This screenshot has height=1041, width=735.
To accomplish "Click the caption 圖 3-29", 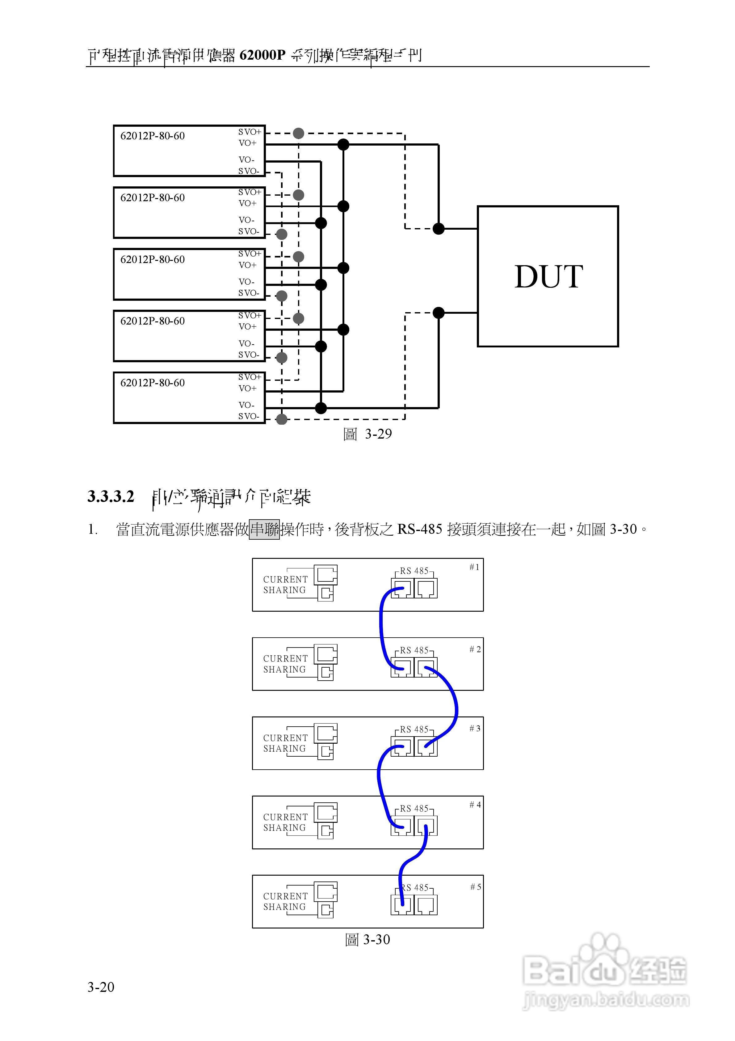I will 367,434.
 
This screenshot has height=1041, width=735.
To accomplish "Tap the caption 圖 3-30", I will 367,939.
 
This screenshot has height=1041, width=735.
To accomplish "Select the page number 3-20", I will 101,987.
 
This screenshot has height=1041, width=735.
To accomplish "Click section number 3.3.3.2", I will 111,496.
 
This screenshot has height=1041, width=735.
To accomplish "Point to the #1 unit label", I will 474,567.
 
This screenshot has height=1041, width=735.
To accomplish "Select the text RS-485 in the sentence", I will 420,529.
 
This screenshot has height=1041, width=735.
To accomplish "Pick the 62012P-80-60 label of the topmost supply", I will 152,136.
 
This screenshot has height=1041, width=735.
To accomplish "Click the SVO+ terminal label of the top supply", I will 250,132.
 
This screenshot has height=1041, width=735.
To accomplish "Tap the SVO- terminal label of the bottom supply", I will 249,416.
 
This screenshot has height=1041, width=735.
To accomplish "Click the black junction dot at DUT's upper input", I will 439,228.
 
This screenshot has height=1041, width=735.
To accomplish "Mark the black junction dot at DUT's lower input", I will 439,312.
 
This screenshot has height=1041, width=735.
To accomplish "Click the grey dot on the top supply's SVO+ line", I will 298,133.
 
